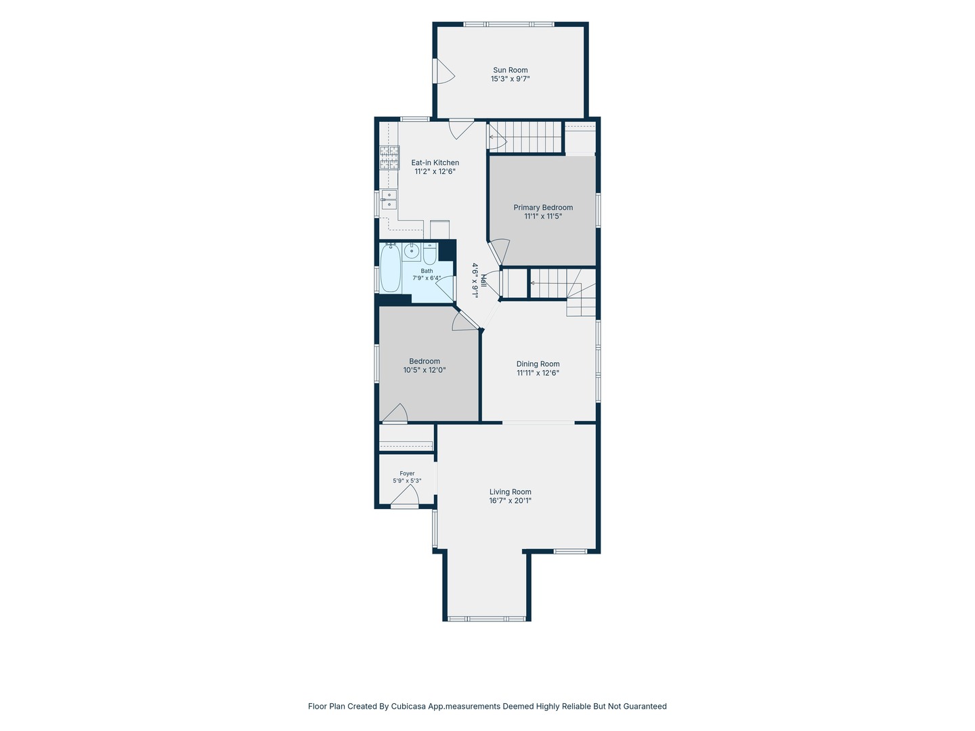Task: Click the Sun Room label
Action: pyautogui.click(x=510, y=70)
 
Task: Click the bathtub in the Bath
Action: pyautogui.click(x=391, y=267)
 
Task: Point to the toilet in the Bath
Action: pyautogui.click(x=429, y=253)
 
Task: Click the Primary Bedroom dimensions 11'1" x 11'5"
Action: pyautogui.click(x=543, y=216)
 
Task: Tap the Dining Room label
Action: pyautogui.click(x=538, y=364)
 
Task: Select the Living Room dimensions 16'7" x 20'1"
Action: pyautogui.click(x=511, y=501)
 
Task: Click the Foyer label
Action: pyautogui.click(x=407, y=474)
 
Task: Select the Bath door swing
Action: pyautogui.click(x=446, y=288)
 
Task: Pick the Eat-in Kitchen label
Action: pyautogui.click(x=435, y=162)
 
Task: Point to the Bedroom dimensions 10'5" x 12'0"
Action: pyautogui.click(x=425, y=370)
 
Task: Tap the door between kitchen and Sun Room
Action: pyautogui.click(x=462, y=129)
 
